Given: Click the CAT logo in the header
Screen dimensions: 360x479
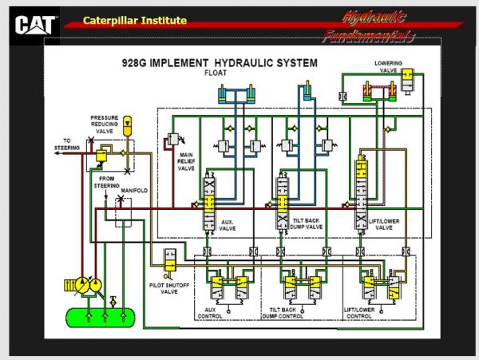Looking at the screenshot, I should [x=35, y=23].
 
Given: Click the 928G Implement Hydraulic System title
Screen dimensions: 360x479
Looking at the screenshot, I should [x=219, y=61].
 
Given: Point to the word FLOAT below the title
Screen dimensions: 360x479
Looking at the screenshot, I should [x=216, y=73].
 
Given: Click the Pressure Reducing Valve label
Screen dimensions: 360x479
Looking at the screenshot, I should [x=109, y=121].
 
